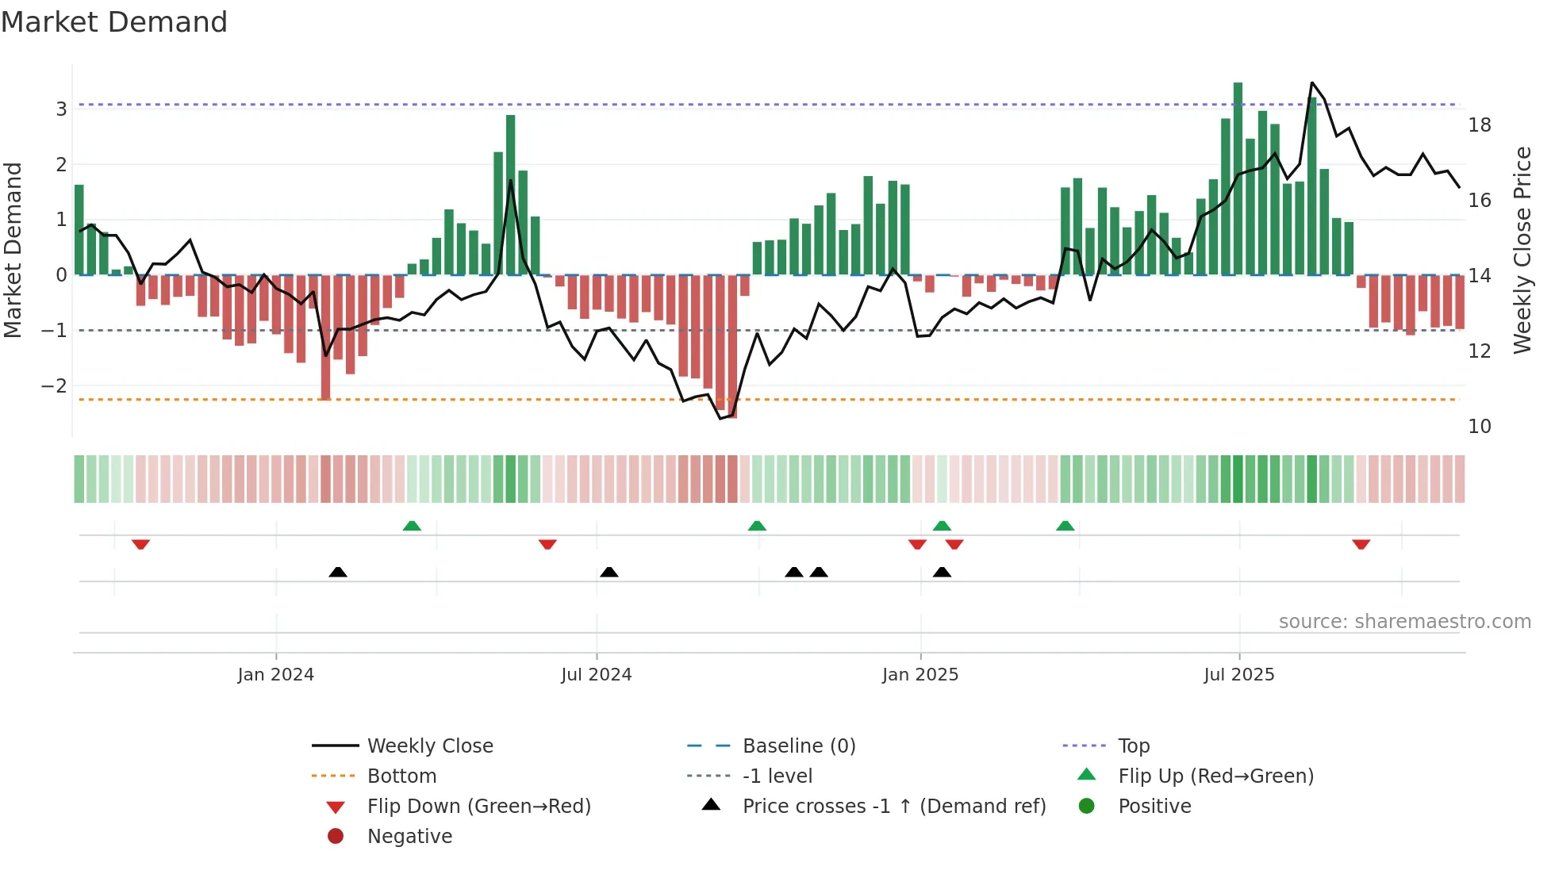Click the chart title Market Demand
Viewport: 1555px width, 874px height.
coord(114,22)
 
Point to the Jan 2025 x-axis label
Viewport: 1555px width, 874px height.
coord(920,675)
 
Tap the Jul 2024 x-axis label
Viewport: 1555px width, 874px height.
coord(597,675)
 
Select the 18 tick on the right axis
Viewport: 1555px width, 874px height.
coord(1479,125)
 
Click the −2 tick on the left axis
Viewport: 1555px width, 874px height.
coord(55,386)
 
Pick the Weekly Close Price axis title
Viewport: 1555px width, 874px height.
coord(1522,250)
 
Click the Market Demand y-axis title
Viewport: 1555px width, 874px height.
coord(13,250)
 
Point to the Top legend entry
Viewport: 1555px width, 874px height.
coord(1133,746)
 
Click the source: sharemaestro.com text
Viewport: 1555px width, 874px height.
coord(1404,622)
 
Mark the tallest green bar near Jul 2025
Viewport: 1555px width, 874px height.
coord(1238,178)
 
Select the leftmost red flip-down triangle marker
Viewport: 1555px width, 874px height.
coord(140,544)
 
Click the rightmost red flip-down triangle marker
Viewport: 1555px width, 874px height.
coord(1361,544)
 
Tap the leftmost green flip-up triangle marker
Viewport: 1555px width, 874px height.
coord(412,526)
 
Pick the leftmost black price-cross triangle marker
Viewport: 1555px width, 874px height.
coord(338,572)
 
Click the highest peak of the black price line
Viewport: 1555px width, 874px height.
coord(1312,82)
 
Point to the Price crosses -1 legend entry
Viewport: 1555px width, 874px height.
coord(893,807)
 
